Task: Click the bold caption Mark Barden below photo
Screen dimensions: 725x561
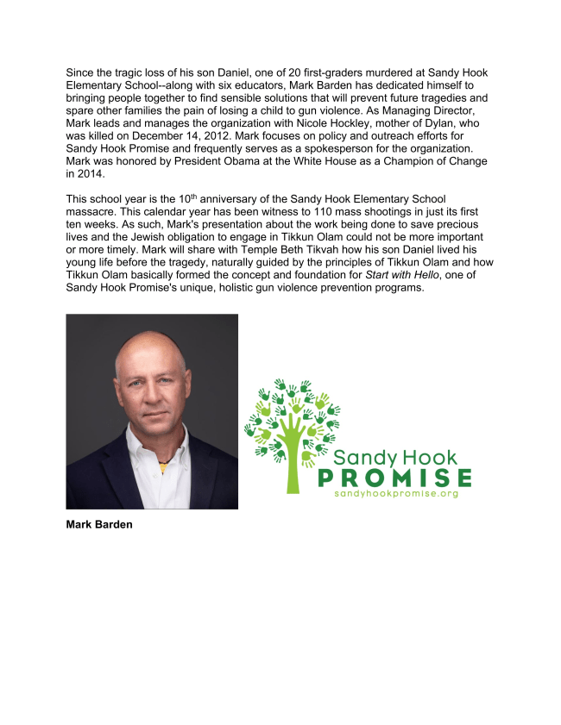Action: [99, 524]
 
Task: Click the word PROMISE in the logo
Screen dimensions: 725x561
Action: [394, 478]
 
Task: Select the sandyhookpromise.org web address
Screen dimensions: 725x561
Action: [395, 494]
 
